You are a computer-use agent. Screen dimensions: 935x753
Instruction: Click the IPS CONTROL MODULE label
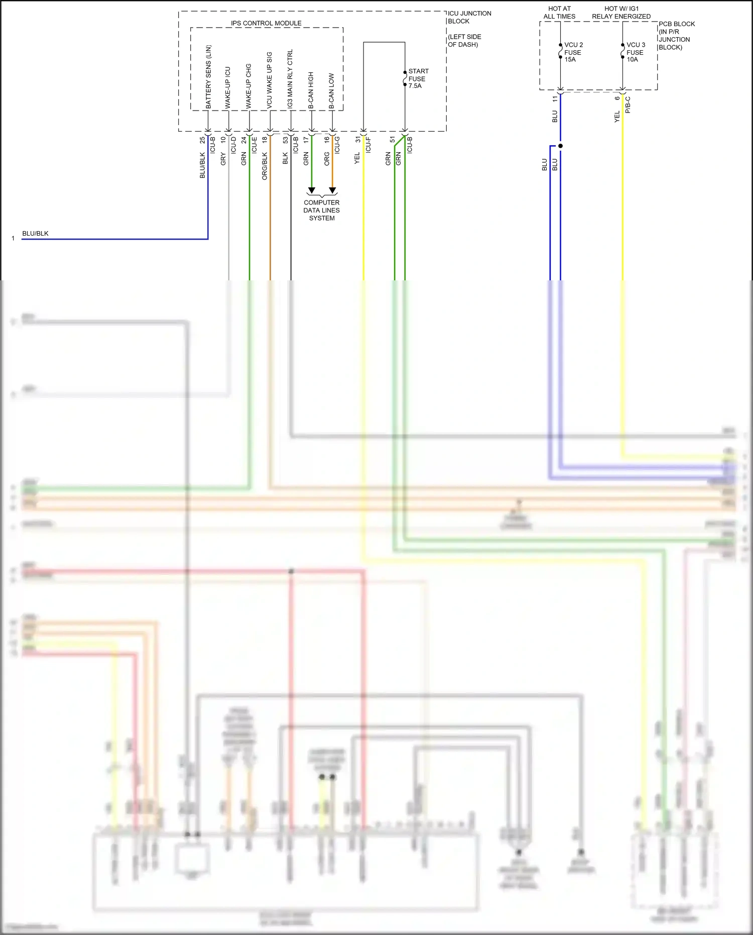click(x=266, y=23)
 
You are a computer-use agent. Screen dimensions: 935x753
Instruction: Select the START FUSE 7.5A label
click(x=418, y=78)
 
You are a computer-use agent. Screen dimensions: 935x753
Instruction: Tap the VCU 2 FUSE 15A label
click(x=573, y=52)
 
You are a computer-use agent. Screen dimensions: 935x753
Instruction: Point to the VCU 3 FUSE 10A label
click(x=635, y=52)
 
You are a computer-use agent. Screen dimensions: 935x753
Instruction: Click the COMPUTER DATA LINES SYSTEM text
click(x=321, y=210)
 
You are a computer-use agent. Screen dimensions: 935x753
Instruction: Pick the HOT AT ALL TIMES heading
click(x=559, y=13)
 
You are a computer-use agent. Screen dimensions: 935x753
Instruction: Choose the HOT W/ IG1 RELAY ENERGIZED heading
click(x=621, y=13)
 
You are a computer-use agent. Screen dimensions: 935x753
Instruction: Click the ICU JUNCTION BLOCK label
click(x=469, y=17)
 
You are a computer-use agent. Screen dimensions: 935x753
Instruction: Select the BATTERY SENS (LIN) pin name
click(x=208, y=76)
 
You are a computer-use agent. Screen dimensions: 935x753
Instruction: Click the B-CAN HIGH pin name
click(x=311, y=90)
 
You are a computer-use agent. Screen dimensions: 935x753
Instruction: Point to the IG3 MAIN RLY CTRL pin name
click(x=290, y=79)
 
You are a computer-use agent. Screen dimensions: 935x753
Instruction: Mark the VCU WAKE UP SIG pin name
click(x=269, y=80)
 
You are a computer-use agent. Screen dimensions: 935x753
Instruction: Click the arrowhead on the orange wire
click(x=332, y=190)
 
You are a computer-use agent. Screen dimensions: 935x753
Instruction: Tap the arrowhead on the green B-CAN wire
click(x=311, y=190)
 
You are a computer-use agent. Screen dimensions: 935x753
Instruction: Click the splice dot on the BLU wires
click(x=561, y=146)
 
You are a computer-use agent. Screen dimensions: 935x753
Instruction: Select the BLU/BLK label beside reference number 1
click(x=35, y=234)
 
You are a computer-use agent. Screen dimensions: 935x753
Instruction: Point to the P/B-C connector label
click(x=627, y=105)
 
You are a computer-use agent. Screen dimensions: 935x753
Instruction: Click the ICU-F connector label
click(x=368, y=145)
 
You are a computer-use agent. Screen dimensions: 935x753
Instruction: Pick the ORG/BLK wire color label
click(x=265, y=166)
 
